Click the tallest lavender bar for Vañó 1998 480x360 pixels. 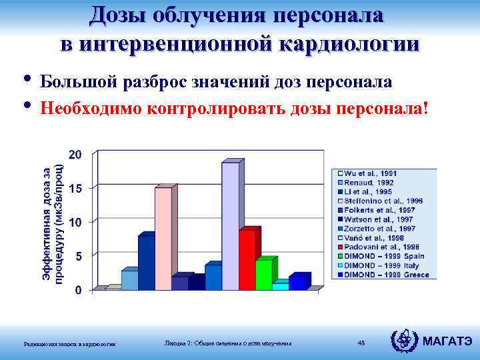(230, 227)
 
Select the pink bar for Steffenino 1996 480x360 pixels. (163, 239)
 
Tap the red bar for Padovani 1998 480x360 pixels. (247, 260)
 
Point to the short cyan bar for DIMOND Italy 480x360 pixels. (280, 286)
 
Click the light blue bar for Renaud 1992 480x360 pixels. (129, 280)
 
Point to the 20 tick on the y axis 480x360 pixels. (77, 154)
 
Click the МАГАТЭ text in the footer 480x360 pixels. (449, 341)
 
